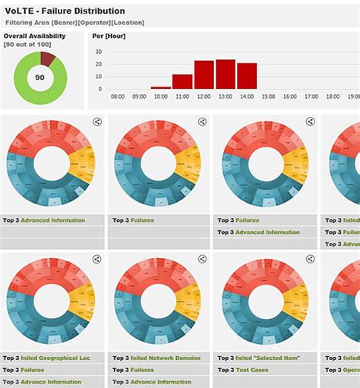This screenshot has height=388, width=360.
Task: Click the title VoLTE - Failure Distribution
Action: [64, 11]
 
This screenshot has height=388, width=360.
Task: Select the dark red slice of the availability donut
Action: [48, 58]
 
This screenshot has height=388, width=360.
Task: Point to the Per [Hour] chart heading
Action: [109, 36]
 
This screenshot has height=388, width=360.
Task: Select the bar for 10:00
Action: [161, 88]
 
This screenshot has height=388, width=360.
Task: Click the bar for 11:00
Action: [182, 82]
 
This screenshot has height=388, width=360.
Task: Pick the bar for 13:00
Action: [225, 74]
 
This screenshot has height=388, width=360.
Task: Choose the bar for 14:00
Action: [247, 76]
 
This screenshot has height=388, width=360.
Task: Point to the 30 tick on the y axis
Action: [98, 51]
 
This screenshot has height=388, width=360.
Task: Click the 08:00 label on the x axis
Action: [118, 97]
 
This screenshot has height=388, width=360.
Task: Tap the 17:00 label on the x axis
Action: [311, 97]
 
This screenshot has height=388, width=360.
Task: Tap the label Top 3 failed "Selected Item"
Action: [258, 358]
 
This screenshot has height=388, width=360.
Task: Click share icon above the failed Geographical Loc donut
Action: [96, 259]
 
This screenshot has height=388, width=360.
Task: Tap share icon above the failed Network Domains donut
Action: [202, 259]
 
